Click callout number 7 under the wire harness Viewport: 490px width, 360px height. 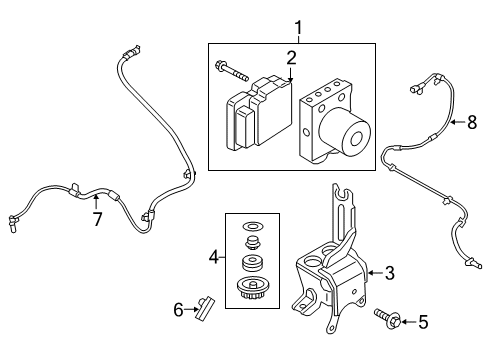coord(96,219)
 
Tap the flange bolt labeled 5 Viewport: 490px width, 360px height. coord(387,320)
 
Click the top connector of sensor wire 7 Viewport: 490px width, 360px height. coord(126,53)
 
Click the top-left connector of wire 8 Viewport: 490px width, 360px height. coord(413,91)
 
